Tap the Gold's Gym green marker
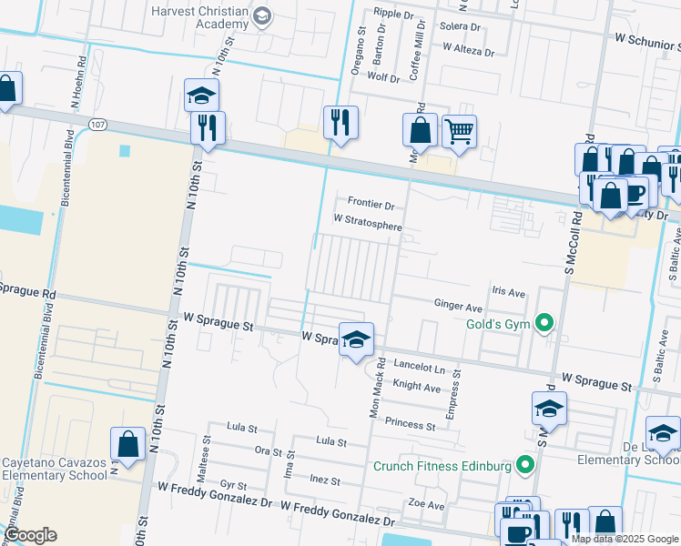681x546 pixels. point(544,323)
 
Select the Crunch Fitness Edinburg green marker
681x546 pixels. point(524,467)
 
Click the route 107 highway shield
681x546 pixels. point(97,123)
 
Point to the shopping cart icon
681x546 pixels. point(459,132)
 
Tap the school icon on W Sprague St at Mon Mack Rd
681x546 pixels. point(357,339)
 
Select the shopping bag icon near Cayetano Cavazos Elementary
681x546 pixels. point(128,444)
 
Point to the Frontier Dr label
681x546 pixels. point(371,204)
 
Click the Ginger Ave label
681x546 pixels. point(458,308)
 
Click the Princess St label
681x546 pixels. point(410,424)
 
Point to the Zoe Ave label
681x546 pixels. point(426,504)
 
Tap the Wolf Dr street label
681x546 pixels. point(383,77)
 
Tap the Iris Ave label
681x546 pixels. point(509,293)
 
